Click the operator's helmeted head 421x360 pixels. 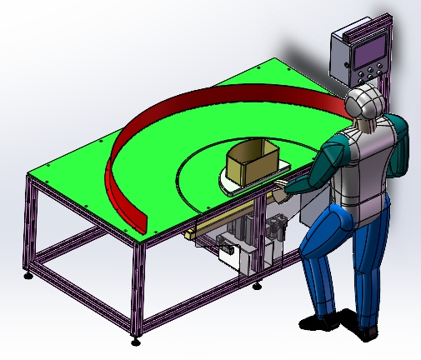(x=365, y=103)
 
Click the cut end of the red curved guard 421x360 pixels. (x=139, y=223)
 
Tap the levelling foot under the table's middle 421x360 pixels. (x=257, y=287)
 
